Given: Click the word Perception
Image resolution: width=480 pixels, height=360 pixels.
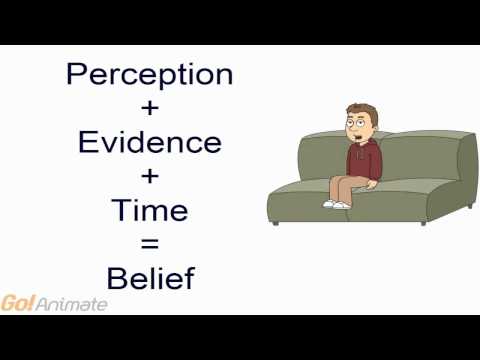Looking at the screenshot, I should (148, 74).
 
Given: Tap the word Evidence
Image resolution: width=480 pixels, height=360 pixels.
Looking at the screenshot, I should (148, 141).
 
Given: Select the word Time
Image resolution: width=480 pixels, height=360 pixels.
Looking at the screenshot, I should (148, 209).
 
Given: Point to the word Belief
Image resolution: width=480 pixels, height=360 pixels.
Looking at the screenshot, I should (148, 277).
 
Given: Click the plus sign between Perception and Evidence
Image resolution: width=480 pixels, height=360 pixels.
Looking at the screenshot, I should (148, 108).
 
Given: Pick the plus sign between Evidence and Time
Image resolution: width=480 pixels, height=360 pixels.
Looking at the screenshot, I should (148, 176).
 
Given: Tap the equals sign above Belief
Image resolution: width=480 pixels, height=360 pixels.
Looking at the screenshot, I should (148, 243).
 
